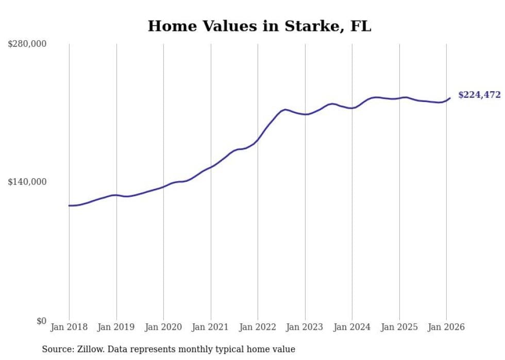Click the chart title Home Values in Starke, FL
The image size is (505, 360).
pyautogui.click(x=259, y=26)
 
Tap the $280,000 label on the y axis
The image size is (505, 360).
pyautogui.click(x=27, y=44)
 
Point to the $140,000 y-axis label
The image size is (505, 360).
pyautogui.click(x=27, y=182)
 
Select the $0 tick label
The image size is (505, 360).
pyautogui.click(x=41, y=321)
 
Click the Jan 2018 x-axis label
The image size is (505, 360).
pyautogui.click(x=69, y=327)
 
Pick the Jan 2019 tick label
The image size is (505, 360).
pyautogui.click(x=116, y=327)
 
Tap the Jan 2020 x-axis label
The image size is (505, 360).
pyautogui.click(x=163, y=327)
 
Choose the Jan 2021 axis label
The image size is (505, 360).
pyautogui.click(x=211, y=327)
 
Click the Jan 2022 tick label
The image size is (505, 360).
pyautogui.click(x=258, y=327)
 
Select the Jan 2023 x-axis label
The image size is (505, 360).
pyautogui.click(x=305, y=327)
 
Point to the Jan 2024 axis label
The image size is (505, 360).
pyautogui.click(x=352, y=327)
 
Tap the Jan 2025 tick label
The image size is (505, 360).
pyautogui.click(x=399, y=327)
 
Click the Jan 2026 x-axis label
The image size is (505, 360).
pyautogui.click(x=446, y=327)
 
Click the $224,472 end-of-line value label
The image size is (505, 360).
pyautogui.click(x=479, y=95)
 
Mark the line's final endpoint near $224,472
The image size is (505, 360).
pyautogui.click(x=450, y=98)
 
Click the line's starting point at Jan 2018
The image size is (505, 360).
pyautogui.click(x=69, y=205)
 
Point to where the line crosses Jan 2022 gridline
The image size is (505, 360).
pyautogui.click(x=258, y=139)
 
